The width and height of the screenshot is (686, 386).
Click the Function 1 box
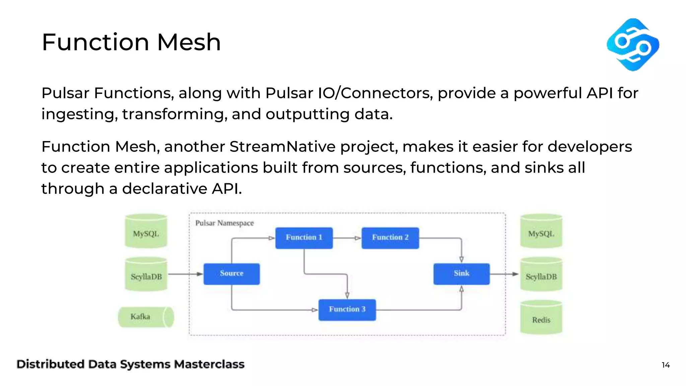(x=304, y=238)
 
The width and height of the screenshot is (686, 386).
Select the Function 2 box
(x=390, y=238)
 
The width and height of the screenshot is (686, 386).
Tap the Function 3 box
(x=347, y=310)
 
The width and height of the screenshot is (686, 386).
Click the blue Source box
(x=231, y=274)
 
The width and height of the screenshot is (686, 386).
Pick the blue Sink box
(x=461, y=274)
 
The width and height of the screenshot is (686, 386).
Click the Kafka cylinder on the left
(x=146, y=317)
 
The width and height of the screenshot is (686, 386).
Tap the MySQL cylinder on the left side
(x=146, y=232)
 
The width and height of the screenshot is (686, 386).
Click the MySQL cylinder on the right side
(x=541, y=232)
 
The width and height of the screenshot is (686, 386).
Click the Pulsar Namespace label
(x=224, y=223)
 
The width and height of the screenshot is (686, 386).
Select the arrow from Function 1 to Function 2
(x=347, y=238)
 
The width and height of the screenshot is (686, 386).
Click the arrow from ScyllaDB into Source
(x=186, y=274)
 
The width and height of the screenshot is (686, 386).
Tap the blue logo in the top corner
(x=632, y=45)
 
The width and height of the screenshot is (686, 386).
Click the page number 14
(x=666, y=365)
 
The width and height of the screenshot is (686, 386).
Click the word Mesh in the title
(x=189, y=43)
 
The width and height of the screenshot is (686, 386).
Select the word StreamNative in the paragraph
(x=282, y=147)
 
